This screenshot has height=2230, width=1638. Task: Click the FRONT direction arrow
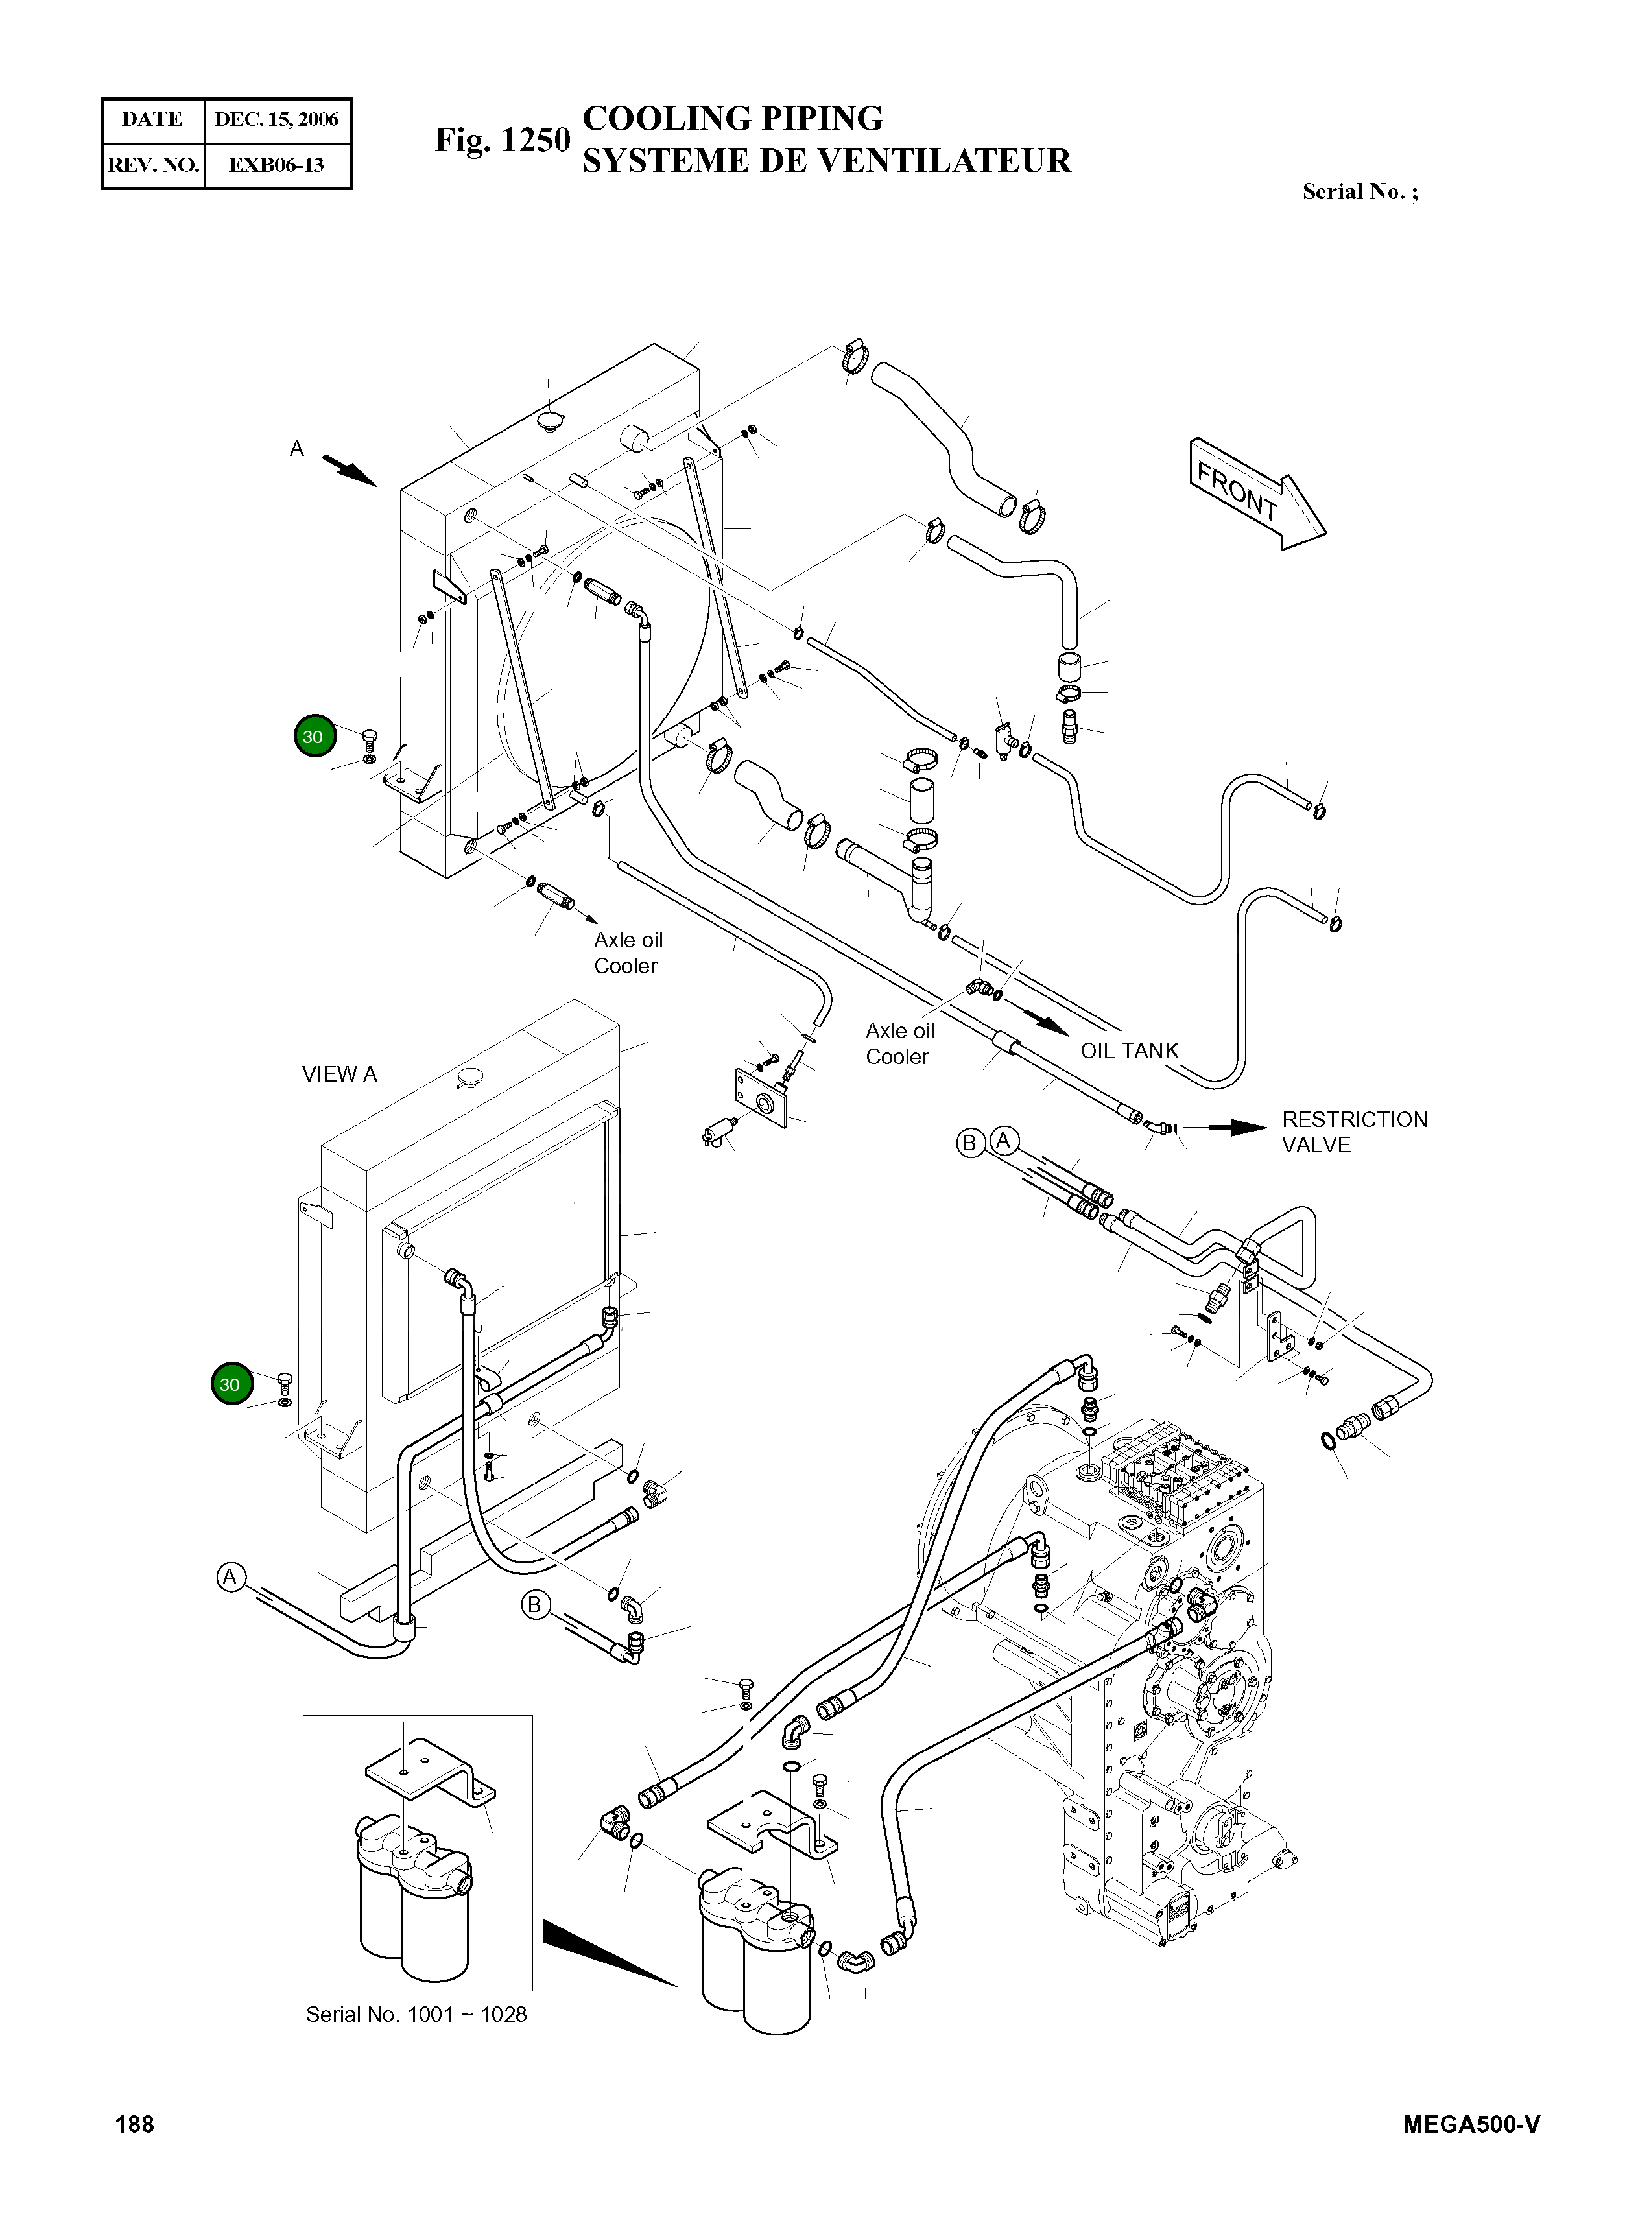click(1257, 493)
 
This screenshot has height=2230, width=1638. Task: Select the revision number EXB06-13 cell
click(277, 165)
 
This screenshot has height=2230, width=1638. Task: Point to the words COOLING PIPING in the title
click(733, 118)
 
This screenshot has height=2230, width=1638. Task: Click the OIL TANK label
click(1130, 1051)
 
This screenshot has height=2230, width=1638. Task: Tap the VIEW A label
click(339, 1075)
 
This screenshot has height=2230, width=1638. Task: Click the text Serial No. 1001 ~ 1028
click(416, 2015)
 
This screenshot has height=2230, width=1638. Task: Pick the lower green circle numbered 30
click(231, 1385)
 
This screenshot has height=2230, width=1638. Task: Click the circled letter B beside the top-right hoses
click(969, 1143)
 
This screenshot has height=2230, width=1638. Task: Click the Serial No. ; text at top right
click(1359, 193)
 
